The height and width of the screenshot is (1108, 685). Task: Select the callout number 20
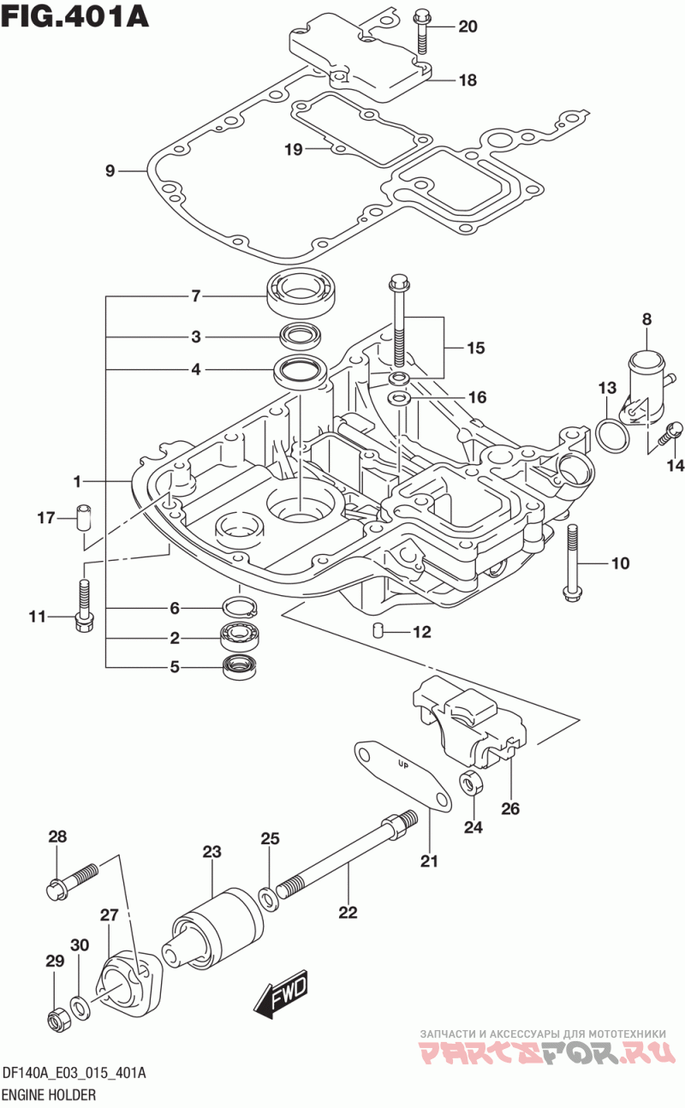[468, 27]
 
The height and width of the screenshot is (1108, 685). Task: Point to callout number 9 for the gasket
[110, 170]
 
